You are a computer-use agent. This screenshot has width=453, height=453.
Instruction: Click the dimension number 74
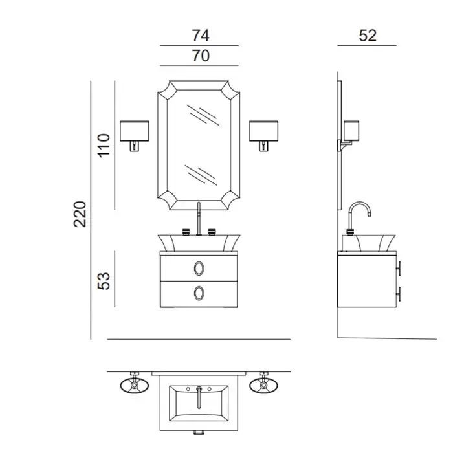coord(201,36)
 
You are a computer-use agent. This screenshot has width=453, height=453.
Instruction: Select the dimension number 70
coord(201,56)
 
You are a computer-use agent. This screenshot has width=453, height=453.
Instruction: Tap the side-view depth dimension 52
coord(368,36)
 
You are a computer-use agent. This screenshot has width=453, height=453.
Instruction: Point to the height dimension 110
coord(104,146)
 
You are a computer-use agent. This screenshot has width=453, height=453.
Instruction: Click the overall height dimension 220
coord(80,214)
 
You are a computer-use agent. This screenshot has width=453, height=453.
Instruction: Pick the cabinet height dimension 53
coord(104,281)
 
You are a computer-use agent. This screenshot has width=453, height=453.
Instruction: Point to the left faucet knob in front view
coord(186,232)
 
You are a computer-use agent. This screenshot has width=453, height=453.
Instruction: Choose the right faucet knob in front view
coord(212,232)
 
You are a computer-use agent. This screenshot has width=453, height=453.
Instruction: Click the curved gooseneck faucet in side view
coord(359,202)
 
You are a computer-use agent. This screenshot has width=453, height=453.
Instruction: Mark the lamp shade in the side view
coord(351,130)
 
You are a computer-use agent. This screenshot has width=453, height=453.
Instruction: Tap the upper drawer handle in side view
coord(399,269)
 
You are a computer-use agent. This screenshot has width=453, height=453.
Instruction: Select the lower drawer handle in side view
coord(399,294)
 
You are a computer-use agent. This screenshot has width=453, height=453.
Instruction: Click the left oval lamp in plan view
coord(135,386)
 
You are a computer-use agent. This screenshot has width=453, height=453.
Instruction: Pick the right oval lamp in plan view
coord(263,386)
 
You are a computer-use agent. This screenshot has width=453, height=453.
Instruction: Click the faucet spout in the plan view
coord(199,398)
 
